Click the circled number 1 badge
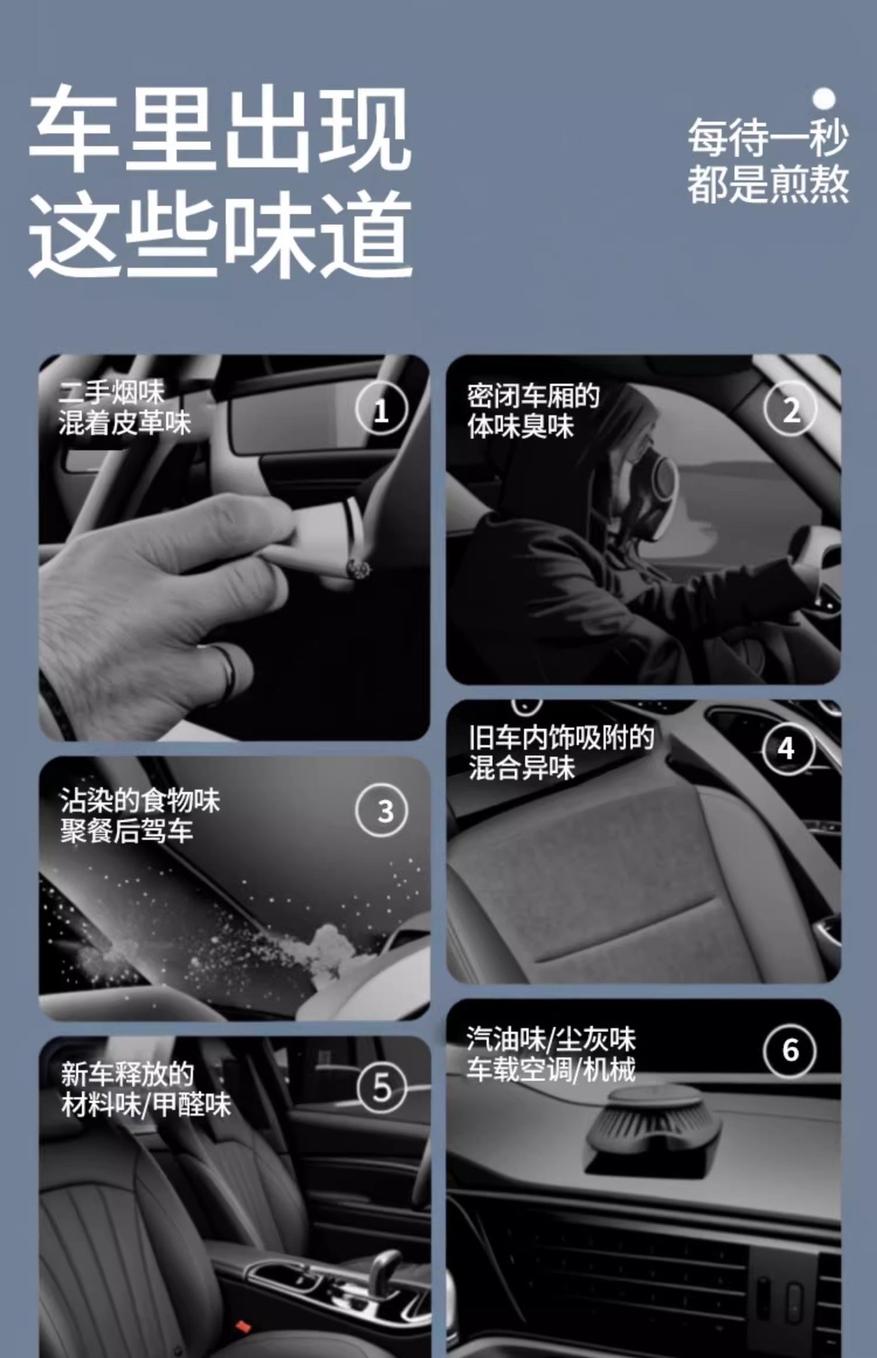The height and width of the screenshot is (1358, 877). click(x=381, y=410)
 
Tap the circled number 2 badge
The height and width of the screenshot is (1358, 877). click(x=791, y=409)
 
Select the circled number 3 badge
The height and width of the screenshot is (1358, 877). click(x=382, y=811)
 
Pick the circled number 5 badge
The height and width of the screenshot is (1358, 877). click(x=382, y=1087)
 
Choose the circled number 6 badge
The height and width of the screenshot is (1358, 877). click(x=791, y=1050)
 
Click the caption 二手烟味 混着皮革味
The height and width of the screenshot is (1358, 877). click(x=124, y=408)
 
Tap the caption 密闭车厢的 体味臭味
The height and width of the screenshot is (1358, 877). click(x=533, y=411)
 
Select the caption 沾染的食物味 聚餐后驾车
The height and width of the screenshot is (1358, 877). click(x=139, y=816)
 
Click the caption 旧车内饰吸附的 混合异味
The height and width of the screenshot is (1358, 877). click(x=561, y=752)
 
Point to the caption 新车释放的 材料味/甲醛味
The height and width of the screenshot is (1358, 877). click(x=146, y=1089)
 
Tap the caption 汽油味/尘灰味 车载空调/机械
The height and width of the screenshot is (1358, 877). click(x=551, y=1054)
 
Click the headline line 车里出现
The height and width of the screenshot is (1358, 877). click(x=220, y=129)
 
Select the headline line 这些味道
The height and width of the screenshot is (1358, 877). click(x=220, y=235)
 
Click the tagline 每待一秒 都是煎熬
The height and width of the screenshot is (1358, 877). click(x=768, y=161)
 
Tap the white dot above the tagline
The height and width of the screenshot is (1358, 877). click(x=823, y=98)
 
